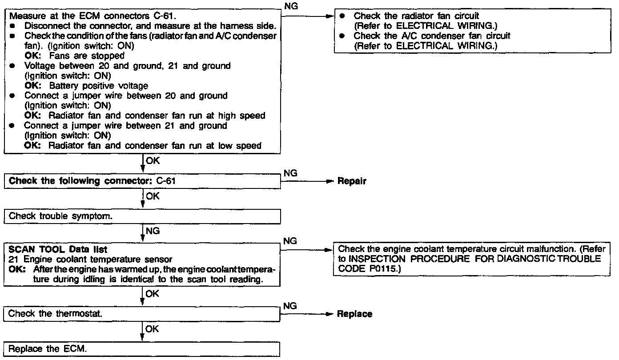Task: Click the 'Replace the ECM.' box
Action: [x=142, y=349]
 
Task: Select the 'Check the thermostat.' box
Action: [x=142, y=314]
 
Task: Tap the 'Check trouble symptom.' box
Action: [x=142, y=216]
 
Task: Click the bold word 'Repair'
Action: [x=352, y=181]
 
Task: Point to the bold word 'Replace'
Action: [x=354, y=314]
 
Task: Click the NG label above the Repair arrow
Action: [x=290, y=174]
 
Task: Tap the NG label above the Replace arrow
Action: [x=290, y=306]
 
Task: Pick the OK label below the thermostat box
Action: [x=152, y=329]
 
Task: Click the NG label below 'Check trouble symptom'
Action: [x=153, y=232]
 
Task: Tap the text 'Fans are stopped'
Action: [x=87, y=56]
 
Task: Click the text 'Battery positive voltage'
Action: [x=99, y=86]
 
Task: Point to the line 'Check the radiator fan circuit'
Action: [x=416, y=16]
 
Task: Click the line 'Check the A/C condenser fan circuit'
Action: [x=432, y=36]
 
